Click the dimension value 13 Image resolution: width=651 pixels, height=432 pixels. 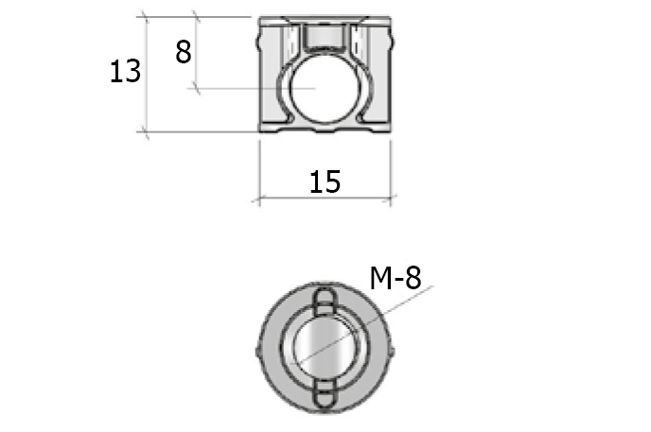[x=125, y=72]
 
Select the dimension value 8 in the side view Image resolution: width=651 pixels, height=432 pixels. [x=184, y=51]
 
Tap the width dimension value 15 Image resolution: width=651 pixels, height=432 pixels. [x=325, y=181]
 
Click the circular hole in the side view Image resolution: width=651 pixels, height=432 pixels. [x=318, y=89]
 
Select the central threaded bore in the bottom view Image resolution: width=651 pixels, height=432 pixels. [x=323, y=347]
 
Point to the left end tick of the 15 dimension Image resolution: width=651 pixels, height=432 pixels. [x=258, y=199]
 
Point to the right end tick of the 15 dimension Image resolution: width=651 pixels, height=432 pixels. [x=390, y=199]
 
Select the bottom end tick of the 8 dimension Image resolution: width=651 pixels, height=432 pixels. [x=197, y=89]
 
